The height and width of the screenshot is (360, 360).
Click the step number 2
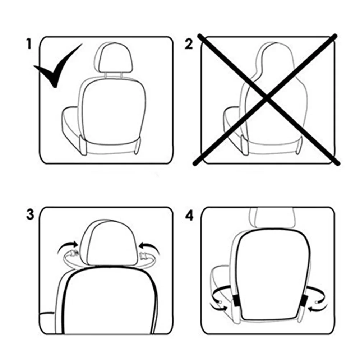pos(189,44)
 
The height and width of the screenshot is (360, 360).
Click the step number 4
pos(189,216)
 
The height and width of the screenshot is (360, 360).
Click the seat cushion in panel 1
pos(70,122)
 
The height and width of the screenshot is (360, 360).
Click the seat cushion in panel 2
pos(232,122)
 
